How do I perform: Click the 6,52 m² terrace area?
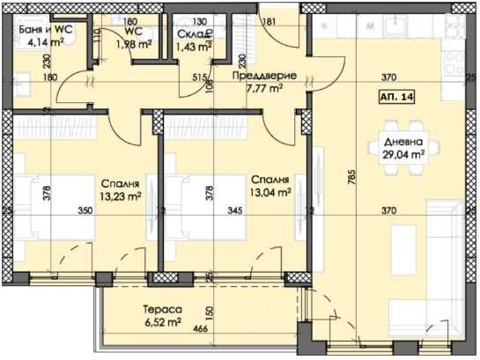click(x=163, y=323)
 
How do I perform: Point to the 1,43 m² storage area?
click(x=193, y=46)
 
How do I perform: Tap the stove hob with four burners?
click(x=459, y=62)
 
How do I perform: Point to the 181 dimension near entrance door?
click(x=270, y=21)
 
